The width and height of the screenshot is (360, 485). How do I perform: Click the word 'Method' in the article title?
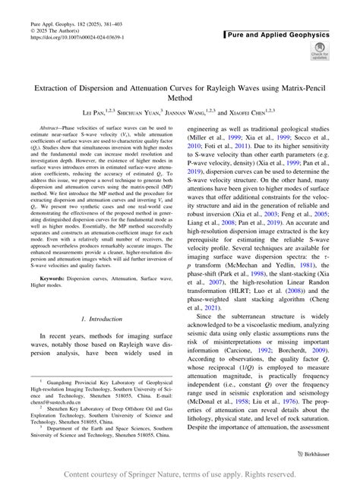pyautogui.click(x=180, y=98)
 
